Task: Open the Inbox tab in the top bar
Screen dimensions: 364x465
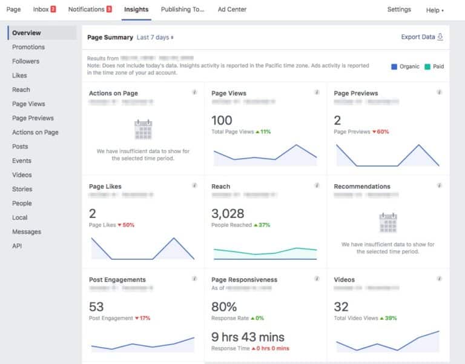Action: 44,10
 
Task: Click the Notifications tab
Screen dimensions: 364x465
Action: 90,10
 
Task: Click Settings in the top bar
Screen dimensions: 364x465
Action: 399,10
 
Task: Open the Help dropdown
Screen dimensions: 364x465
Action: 435,10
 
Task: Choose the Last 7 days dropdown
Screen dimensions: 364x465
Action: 155,38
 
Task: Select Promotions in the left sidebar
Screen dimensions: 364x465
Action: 28,47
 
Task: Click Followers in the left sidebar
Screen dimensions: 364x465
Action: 25,61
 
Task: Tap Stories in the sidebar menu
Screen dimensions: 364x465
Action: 22,189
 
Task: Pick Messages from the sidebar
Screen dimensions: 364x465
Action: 27,232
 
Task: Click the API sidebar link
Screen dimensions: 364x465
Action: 17,246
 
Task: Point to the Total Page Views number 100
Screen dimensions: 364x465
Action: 222,120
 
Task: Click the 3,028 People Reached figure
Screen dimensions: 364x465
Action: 228,213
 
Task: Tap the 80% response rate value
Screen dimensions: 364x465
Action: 224,306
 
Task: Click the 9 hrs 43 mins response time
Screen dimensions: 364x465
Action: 248,337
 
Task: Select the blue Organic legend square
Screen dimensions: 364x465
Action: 394,67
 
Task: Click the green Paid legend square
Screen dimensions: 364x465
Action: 427,67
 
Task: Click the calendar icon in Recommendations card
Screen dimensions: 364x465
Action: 388,223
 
